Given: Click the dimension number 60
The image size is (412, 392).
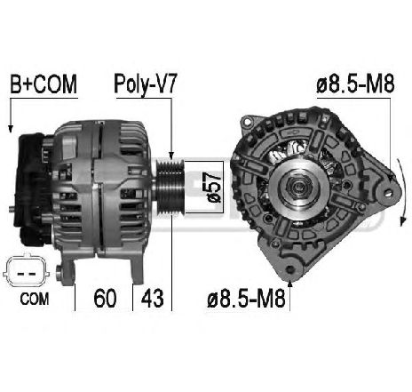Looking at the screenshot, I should point(106,295).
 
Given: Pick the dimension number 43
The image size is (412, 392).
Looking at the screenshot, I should point(152,295).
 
